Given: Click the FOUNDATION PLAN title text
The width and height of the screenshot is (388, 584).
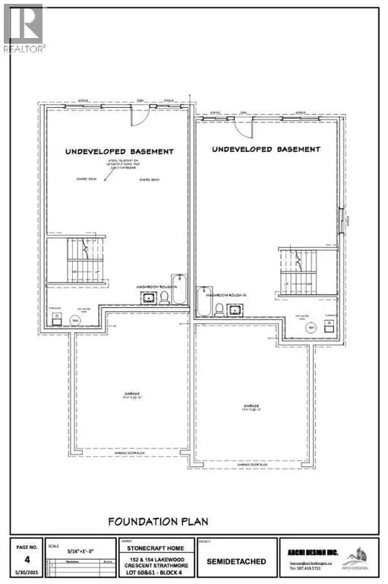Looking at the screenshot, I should click(158, 522).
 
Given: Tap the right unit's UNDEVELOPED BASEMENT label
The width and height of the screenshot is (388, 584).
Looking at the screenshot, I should click(266, 149).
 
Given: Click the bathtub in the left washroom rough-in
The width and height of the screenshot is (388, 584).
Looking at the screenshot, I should click(177, 290).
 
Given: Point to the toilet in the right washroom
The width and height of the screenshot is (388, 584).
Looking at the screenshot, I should click(219, 309).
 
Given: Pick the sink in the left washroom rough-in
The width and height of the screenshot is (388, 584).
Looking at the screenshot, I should click(148, 298).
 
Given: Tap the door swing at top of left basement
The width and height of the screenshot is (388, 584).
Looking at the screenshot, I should click(137, 115).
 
